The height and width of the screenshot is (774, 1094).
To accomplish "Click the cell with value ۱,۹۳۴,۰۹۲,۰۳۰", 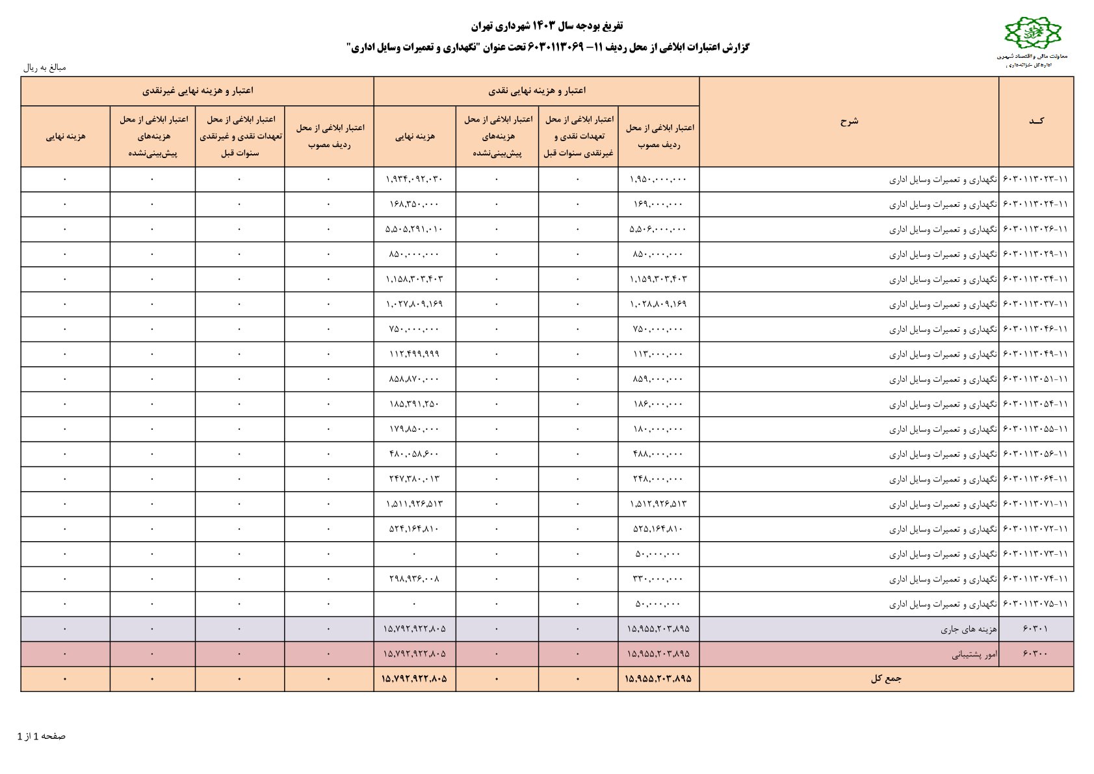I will [414, 179].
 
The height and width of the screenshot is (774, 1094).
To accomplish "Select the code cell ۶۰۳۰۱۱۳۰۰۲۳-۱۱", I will [1036, 179].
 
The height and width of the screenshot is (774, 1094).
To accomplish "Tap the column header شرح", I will [849, 121].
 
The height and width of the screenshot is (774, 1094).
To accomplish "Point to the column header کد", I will [1036, 121].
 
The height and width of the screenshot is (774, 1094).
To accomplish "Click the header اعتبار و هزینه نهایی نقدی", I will [536, 90].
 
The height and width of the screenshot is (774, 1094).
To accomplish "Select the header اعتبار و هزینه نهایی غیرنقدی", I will [198, 90].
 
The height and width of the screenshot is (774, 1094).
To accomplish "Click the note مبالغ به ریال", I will [45, 67].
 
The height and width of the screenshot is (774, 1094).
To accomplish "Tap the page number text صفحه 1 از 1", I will [42, 736].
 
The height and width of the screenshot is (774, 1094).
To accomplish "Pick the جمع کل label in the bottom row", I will [886, 678].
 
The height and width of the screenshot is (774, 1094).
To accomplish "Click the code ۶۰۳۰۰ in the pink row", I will [1035, 654].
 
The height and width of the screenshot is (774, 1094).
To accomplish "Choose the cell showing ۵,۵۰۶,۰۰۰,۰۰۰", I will [658, 229].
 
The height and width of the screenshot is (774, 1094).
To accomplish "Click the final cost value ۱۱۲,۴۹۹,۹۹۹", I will [414, 354].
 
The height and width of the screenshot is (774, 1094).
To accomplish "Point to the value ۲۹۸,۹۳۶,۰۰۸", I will [414, 579].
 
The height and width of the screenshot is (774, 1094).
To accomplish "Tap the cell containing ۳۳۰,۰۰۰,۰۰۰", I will [658, 579].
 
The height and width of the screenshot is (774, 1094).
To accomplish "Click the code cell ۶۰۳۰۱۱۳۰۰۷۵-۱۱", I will [1036, 604].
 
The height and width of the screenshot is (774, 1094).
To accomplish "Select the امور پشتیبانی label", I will [974, 654].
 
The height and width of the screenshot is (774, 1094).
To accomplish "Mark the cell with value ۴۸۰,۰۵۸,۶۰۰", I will [414, 454].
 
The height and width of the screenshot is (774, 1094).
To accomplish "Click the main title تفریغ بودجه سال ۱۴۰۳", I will [547, 25].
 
